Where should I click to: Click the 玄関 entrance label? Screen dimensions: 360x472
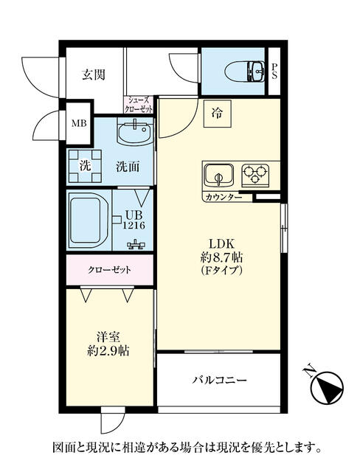(94, 74)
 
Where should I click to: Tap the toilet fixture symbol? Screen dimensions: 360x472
(245, 72)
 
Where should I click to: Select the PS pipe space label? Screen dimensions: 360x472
(274, 71)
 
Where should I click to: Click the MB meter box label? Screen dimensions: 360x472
(79, 123)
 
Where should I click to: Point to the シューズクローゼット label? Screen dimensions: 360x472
(139, 105)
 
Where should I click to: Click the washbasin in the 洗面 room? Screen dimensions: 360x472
(134, 132)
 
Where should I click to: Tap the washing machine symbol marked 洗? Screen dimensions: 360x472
(85, 166)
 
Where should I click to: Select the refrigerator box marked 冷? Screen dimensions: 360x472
(218, 114)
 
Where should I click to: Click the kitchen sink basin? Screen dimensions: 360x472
(218, 176)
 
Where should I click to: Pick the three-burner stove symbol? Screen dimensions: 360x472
(255, 175)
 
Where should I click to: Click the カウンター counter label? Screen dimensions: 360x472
(224, 198)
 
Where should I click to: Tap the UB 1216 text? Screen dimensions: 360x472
(134, 220)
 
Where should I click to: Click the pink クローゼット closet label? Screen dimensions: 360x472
(109, 270)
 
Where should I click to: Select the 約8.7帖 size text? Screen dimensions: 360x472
(222, 257)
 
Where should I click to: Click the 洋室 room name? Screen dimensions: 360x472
(108, 338)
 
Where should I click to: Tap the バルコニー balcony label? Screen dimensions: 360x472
(219, 380)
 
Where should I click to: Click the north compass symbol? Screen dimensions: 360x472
(326, 386)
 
